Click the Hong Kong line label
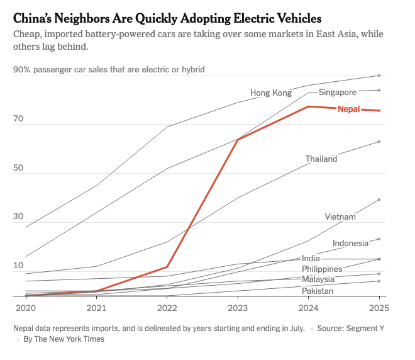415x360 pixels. click(x=271, y=93)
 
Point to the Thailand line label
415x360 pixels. click(x=321, y=159)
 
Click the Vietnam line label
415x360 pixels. click(x=341, y=217)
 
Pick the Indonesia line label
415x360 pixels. click(x=350, y=243)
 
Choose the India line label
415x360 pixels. click(x=311, y=258)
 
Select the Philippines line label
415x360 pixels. click(x=322, y=269)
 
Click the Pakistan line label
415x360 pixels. click(x=318, y=291)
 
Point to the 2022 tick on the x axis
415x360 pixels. click(x=167, y=308)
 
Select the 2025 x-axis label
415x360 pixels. click(x=379, y=308)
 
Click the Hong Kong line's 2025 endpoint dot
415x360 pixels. click(x=379, y=76)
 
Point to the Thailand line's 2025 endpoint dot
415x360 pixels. click(x=379, y=142)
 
